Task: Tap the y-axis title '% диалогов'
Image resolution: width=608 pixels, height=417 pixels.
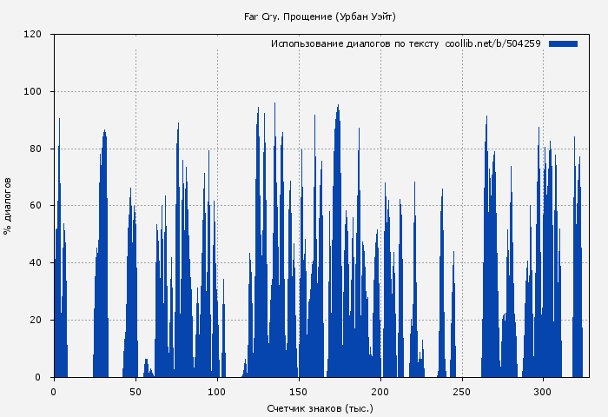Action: [x=8, y=205]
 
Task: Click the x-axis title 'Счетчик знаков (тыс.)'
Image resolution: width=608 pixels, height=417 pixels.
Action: [x=321, y=407]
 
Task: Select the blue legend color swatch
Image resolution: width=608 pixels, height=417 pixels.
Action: [x=563, y=43]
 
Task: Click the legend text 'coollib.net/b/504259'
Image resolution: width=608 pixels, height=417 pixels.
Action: [x=492, y=43]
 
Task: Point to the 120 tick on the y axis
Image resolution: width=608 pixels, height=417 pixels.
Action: [x=33, y=35]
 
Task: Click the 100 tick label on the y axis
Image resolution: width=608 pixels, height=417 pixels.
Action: [x=33, y=91]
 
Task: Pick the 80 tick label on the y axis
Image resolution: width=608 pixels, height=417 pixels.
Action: [x=36, y=149]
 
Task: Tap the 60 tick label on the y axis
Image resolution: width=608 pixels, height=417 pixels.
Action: [x=36, y=206]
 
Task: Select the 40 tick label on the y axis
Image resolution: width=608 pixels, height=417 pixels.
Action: [x=36, y=262]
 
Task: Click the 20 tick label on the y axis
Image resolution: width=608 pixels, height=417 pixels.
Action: [x=36, y=320]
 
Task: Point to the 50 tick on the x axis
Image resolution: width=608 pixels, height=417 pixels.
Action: [x=135, y=391]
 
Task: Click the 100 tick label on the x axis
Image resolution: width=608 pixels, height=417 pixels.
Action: [x=217, y=391]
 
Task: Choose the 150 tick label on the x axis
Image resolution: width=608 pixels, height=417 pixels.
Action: [x=299, y=391]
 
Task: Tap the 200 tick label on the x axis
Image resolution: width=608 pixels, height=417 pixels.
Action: [x=380, y=391]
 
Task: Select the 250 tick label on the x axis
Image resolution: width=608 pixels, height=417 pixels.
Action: [x=462, y=391]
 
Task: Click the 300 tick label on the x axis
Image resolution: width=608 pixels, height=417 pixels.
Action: [x=544, y=391]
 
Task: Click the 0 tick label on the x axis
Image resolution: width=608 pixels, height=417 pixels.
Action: [x=54, y=391]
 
